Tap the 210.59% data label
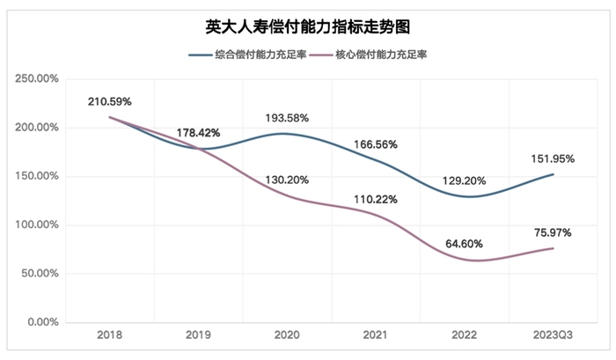pyautogui.click(x=110, y=102)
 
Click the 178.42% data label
pyautogui.click(x=198, y=133)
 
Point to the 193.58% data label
pyautogui.click(x=287, y=118)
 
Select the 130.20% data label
pyautogui.click(x=287, y=180)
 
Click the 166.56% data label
pyautogui.click(x=376, y=144)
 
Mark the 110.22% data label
pyautogui.click(x=376, y=199)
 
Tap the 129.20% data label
pyautogui.click(x=464, y=180)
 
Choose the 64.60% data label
pyautogui.click(x=464, y=243)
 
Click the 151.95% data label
pyautogui.click(x=552, y=158)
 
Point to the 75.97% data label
pyautogui.click(x=552, y=232)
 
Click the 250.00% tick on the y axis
pyautogui.click(x=36, y=79)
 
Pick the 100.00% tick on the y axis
pyautogui.click(x=36, y=224)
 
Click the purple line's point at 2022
pyautogui.click(x=464, y=259)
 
